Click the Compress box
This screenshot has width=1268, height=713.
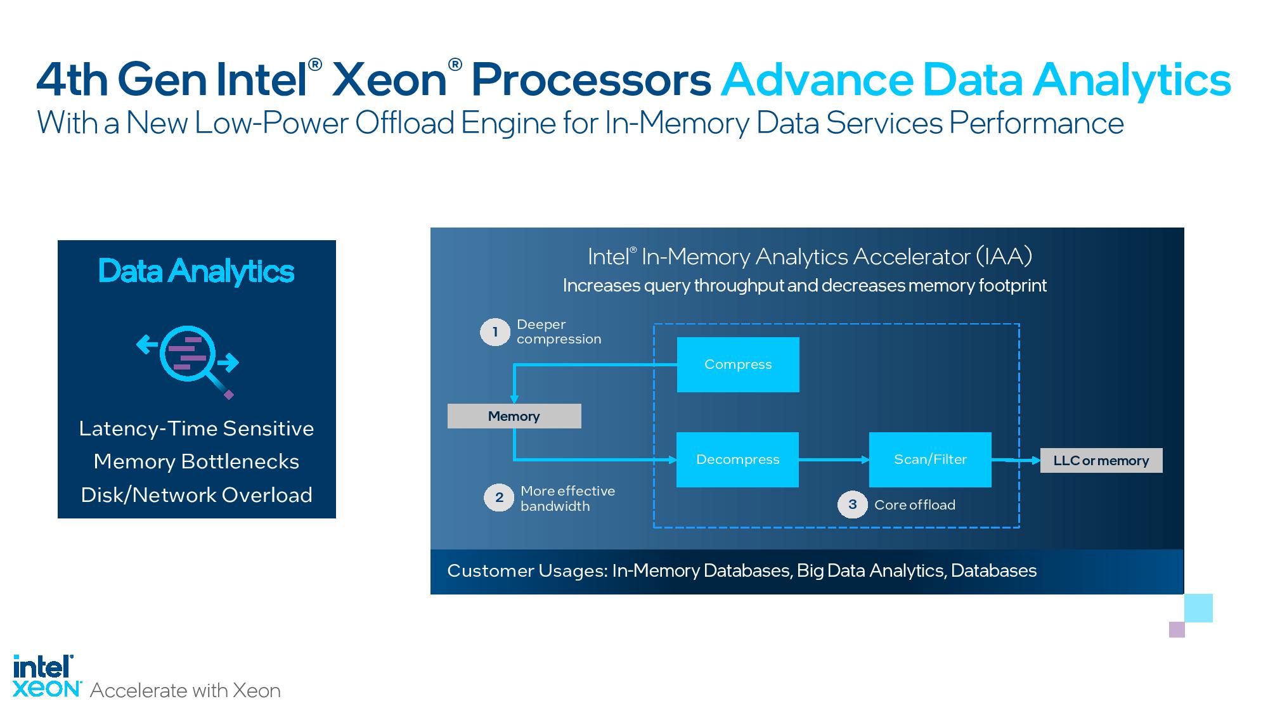point(738,364)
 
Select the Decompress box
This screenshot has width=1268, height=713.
point(737,459)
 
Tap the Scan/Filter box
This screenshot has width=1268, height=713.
point(930,459)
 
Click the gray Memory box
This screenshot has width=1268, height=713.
point(514,416)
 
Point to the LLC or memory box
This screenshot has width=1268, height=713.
point(1101,461)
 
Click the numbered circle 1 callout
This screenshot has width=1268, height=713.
point(495,332)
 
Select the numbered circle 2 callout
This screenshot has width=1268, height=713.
point(500,498)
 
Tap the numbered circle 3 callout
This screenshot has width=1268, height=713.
point(853,504)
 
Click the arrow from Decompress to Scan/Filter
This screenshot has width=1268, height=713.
point(834,459)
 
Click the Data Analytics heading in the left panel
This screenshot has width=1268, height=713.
point(197,271)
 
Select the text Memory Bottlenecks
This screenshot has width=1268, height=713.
point(197,461)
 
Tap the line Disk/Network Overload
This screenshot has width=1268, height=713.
point(197,495)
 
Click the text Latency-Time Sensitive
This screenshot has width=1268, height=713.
point(197,428)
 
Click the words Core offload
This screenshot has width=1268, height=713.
point(914,505)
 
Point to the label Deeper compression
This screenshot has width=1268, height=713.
point(559,331)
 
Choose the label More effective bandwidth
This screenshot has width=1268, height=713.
point(567,498)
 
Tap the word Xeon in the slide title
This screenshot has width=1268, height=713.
point(390,80)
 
